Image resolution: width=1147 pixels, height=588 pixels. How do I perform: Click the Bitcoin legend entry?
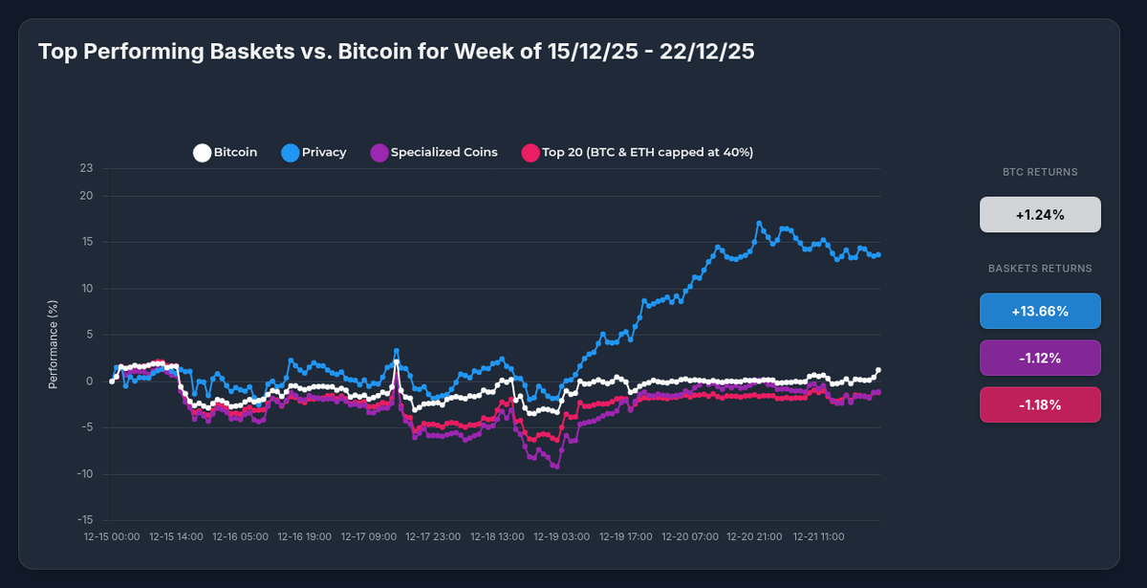click(x=226, y=152)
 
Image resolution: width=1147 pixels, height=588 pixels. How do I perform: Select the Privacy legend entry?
click(x=314, y=152)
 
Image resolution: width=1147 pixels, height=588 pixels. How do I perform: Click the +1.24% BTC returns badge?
click(x=1040, y=215)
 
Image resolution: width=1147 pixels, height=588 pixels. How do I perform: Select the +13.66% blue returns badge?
click(x=1040, y=311)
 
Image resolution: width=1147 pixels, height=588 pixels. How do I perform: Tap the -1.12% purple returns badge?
click(x=1040, y=358)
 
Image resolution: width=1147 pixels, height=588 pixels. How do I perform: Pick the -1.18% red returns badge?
click(x=1040, y=404)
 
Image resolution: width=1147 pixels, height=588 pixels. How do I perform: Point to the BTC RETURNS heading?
click(x=1040, y=173)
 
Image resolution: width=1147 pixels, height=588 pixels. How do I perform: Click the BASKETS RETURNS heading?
click(x=1040, y=269)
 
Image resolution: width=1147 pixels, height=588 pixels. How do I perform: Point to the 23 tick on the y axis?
click(x=87, y=169)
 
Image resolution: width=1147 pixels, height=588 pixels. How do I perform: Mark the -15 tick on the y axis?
click(x=86, y=520)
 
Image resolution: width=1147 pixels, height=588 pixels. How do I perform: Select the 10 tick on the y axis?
click(x=87, y=289)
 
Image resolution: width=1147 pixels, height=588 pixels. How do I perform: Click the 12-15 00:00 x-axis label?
click(x=113, y=537)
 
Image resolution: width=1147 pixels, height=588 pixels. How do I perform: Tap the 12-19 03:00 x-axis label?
click(x=561, y=537)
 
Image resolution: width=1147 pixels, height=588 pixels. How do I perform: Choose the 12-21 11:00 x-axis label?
click(x=819, y=537)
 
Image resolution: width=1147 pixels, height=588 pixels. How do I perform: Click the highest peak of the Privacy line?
click(x=759, y=224)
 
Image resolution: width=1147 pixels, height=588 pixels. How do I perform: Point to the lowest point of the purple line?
click(x=556, y=467)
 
